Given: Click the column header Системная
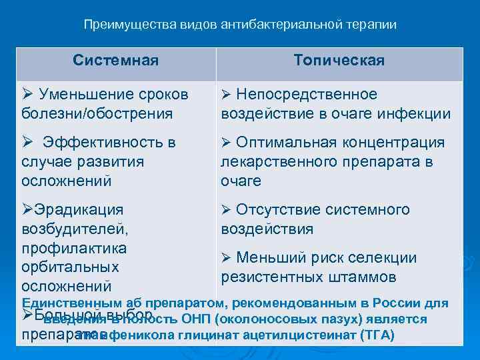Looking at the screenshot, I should coord(116,61).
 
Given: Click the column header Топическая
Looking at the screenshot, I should coord(339,61).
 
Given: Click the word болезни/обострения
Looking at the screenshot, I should coord(97,113).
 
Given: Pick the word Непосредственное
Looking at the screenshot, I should coord(307,94).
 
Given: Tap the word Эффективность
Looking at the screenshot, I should coord(100,142).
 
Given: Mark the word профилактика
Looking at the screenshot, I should coord(74,248).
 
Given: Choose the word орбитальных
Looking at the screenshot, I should coord(70,267).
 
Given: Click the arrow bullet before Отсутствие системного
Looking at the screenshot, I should coord(226,210).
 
